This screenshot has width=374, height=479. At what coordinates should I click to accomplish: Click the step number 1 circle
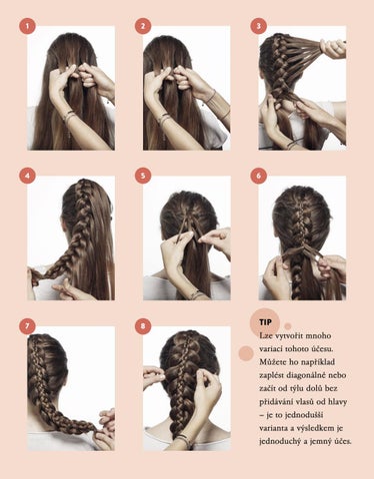tap(27, 26)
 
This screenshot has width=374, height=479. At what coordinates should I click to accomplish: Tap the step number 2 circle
tap(143, 26)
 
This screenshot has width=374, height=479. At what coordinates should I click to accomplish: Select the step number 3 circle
tap(259, 26)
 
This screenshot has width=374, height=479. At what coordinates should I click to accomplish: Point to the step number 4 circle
tap(27, 176)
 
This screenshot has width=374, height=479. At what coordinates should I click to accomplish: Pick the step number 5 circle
tap(143, 176)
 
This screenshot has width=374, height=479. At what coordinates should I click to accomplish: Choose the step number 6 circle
tap(259, 176)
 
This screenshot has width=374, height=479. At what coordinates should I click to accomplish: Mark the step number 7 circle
tap(27, 326)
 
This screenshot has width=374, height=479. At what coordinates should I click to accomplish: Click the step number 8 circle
tap(143, 326)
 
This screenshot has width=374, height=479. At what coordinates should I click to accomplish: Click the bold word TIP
tap(265, 322)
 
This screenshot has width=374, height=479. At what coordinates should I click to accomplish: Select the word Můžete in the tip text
tap(270, 361)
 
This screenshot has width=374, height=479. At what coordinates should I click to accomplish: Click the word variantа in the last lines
tap(272, 428)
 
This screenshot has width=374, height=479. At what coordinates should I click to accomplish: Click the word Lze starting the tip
tap(265, 335)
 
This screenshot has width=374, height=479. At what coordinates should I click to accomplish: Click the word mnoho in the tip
tap(320, 335)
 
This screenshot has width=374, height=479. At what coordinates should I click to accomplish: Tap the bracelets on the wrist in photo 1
tap(70, 116)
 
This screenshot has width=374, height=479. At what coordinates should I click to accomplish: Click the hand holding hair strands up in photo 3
tap(332, 49)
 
